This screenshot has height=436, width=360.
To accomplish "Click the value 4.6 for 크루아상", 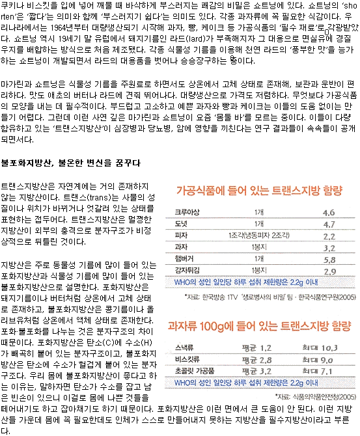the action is [x=329, y=213].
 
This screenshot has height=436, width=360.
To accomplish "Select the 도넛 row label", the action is [x=181, y=224].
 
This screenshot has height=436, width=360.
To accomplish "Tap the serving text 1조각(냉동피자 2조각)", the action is [x=259, y=236].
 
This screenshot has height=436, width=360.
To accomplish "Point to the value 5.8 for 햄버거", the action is [x=329, y=260].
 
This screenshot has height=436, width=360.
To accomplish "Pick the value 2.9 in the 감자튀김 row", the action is [x=329, y=271].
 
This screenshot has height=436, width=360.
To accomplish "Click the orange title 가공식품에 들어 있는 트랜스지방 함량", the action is [x=259, y=191].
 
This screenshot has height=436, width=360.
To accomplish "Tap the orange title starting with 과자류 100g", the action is [x=259, y=326].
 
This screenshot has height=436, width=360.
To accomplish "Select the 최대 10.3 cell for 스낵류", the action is [x=320, y=348].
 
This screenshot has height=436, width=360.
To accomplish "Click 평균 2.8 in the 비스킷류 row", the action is [x=256, y=360].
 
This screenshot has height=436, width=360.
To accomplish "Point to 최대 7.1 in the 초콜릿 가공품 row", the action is [x=317, y=371].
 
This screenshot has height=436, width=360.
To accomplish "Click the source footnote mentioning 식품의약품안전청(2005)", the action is [x=316, y=396].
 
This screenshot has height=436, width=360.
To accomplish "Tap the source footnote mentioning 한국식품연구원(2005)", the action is [x=270, y=297].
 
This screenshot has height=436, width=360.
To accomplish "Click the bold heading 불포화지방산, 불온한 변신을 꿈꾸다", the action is [x=71, y=163].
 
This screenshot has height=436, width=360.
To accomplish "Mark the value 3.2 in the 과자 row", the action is [x=329, y=249].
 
